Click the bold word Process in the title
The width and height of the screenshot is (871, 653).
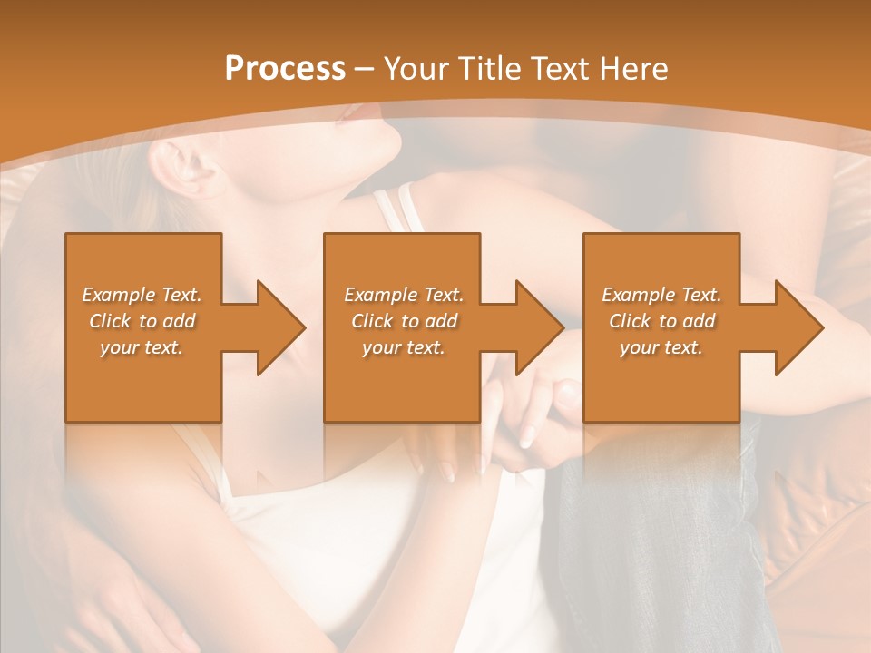click(x=285, y=69)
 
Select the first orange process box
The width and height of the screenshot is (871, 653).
click(x=142, y=381)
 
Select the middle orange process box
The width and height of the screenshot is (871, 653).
click(x=401, y=381)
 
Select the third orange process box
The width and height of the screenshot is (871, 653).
click(x=661, y=381)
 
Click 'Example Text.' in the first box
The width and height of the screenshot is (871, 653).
click(x=142, y=295)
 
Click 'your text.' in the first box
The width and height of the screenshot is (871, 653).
click(x=142, y=347)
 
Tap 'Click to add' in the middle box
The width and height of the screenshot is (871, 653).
click(x=404, y=321)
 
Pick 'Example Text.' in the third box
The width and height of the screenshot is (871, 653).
click(x=661, y=295)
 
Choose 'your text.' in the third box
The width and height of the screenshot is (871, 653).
click(x=661, y=347)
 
